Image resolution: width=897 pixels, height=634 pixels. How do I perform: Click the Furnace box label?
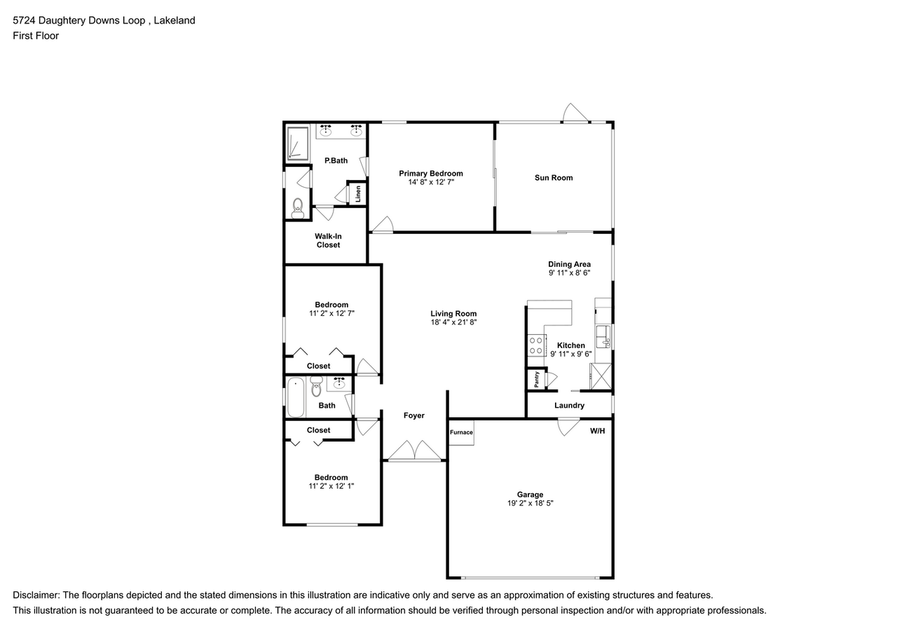461,432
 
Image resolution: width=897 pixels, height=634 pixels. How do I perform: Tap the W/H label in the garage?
597,431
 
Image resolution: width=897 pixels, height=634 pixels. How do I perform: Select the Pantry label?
537,379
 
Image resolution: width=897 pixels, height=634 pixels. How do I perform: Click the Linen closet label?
357,193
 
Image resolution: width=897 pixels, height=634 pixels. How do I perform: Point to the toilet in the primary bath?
297,206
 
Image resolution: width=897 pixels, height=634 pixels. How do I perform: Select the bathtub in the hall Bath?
295,397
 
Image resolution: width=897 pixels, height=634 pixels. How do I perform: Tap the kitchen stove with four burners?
537,345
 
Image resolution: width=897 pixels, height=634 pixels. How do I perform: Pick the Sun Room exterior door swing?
576,113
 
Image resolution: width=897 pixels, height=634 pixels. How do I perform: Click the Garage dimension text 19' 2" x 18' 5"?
530,503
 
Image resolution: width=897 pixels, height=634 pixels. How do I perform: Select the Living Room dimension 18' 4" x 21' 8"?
453,322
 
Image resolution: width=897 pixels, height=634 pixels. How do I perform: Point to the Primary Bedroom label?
431,174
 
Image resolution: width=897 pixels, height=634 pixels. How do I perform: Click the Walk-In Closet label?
328,240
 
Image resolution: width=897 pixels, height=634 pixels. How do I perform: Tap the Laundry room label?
569,406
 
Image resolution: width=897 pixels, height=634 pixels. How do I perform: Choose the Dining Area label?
569,264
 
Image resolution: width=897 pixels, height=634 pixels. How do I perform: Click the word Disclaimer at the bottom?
36,595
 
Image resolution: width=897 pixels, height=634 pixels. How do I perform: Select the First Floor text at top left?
36,36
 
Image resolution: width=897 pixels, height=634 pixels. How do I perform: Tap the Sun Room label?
554,178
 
